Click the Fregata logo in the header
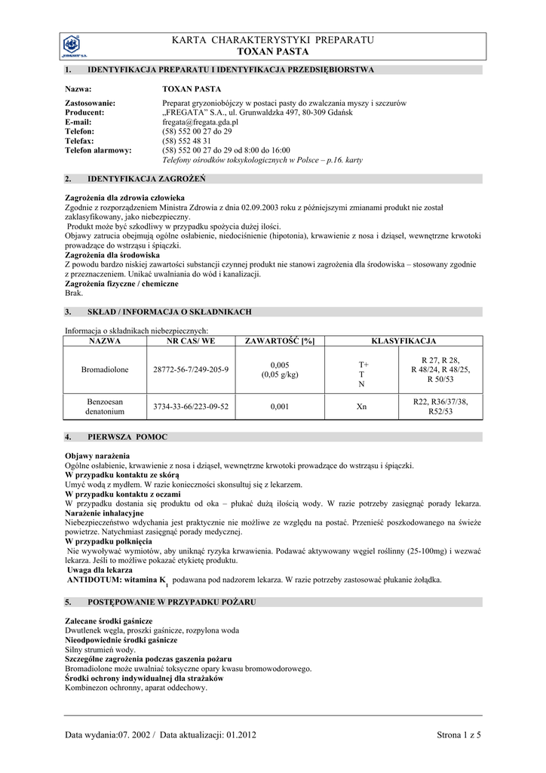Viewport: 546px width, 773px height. coord(74,47)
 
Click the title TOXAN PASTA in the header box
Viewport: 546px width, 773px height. coord(274,52)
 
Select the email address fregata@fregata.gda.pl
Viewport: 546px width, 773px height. coord(200,122)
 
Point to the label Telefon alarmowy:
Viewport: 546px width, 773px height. coord(99,151)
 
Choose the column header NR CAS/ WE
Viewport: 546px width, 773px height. coord(190,341)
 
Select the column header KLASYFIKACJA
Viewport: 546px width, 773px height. coord(403,341)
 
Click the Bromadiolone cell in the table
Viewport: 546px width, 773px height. coord(105,370)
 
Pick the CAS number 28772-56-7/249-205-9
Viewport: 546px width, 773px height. coord(190,370)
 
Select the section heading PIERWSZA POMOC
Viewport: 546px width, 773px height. coord(127,437)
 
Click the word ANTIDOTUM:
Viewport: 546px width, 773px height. coord(97,580)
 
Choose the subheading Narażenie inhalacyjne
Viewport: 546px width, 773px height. coord(104,513)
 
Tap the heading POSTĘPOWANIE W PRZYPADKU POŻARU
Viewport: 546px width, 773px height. coord(172,602)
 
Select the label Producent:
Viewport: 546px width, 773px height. coord(84,112)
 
